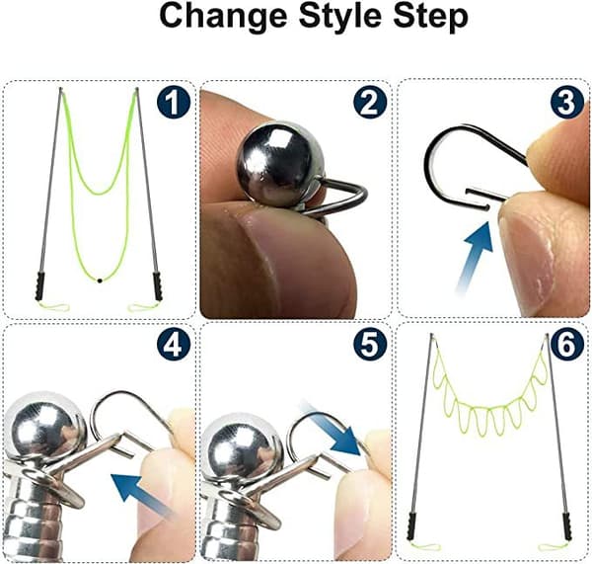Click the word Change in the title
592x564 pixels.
tap(225, 16)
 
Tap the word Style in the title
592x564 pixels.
tap(340, 18)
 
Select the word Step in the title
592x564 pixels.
tap(430, 18)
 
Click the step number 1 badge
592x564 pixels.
tap(174, 102)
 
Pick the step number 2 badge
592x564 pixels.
tap(370, 102)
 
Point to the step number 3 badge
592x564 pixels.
tap(566, 102)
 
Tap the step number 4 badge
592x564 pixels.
tap(174, 344)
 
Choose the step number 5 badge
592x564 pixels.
tap(370, 344)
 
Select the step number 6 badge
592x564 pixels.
tap(566, 344)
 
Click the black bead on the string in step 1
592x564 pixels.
tap(100, 281)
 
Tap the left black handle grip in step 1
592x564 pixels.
tap(39, 286)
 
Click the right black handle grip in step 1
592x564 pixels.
tap(158, 286)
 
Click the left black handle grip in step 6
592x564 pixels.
tap(410, 526)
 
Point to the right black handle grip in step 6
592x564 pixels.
tap(567, 526)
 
